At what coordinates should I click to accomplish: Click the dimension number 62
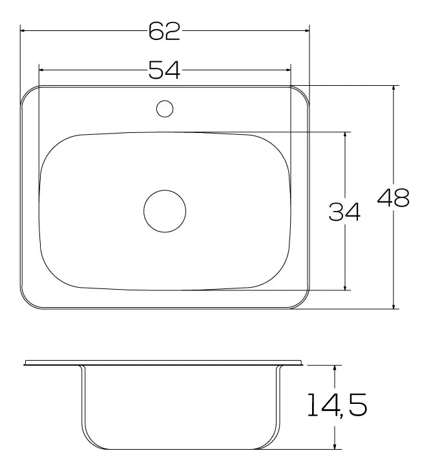pyautogui.click(x=164, y=30)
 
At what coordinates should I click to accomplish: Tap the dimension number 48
pyautogui.click(x=393, y=199)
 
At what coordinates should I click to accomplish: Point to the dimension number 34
pyautogui.click(x=344, y=212)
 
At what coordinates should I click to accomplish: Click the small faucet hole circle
pyautogui.click(x=165, y=108)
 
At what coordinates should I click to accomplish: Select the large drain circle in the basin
pyautogui.click(x=164, y=212)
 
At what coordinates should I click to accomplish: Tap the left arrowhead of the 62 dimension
pyautogui.click(x=23, y=30)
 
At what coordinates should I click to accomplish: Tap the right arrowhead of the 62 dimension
pyautogui.click(x=306, y=30)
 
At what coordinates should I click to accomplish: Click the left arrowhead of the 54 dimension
pyautogui.click(x=42, y=68)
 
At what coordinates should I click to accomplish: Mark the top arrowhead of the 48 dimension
pyautogui.click(x=394, y=88)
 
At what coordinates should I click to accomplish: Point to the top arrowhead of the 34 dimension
pyautogui.click(x=346, y=135)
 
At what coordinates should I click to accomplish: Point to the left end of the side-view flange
pyautogui.click(x=25, y=363)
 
